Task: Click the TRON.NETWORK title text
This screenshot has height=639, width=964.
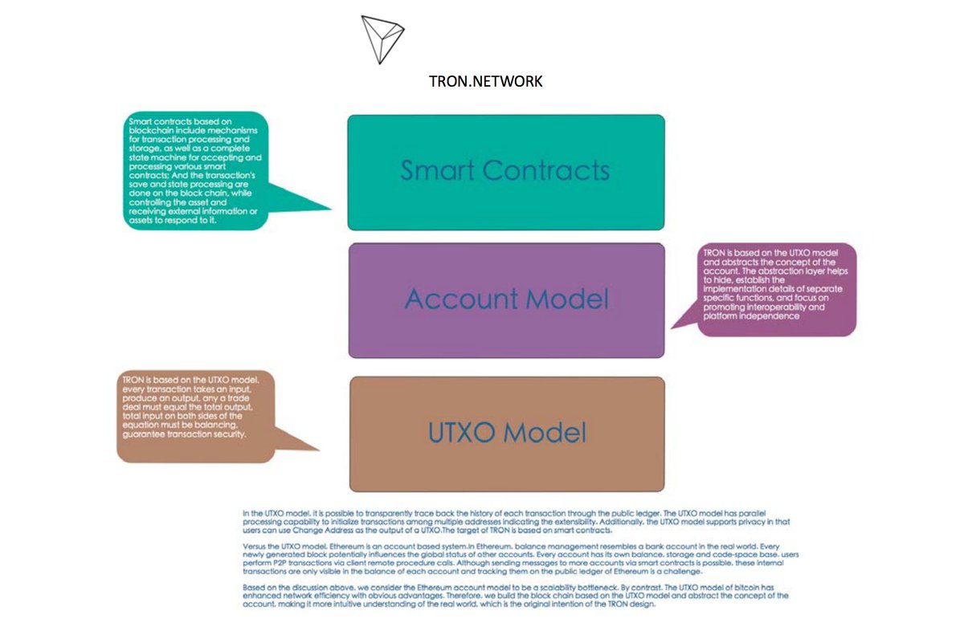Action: [486, 82]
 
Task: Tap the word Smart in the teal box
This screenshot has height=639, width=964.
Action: [437, 170]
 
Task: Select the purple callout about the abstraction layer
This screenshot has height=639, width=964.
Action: [775, 289]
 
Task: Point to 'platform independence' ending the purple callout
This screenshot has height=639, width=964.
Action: [750, 316]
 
